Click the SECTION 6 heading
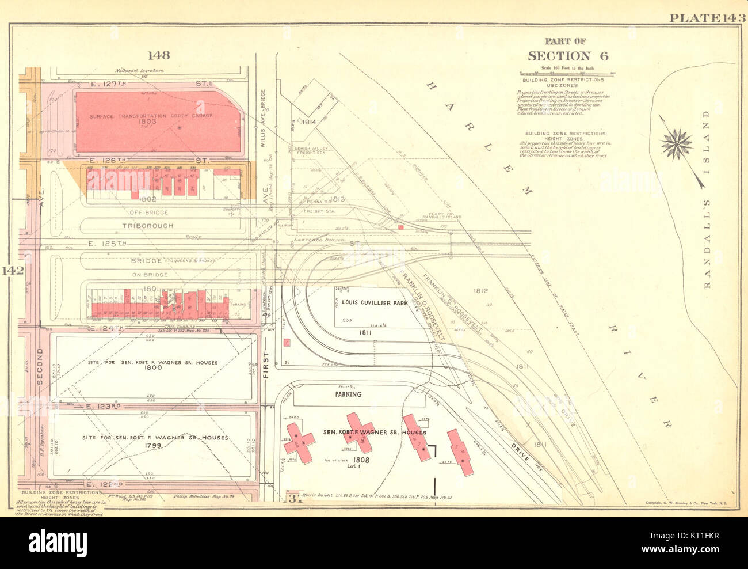567,56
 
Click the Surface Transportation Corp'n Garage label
151,116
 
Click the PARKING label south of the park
348,394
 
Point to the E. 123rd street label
104,407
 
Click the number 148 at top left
158,55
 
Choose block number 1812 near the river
480,291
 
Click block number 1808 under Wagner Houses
361,460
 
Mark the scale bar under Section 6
567,74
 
